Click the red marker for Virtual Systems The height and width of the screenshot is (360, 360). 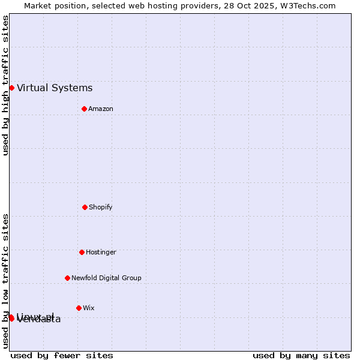click(11, 88)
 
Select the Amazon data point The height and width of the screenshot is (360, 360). click(84, 109)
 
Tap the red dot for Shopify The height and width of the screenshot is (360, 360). click(85, 207)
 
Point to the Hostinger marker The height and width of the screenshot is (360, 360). click(82, 252)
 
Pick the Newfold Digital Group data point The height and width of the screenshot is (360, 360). click(67, 278)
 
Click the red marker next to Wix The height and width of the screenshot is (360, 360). click(79, 308)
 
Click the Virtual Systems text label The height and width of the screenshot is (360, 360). click(55, 88)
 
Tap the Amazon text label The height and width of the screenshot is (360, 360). click(101, 109)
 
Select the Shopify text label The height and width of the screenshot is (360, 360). click(101, 207)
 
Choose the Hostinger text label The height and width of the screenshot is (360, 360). click(101, 252)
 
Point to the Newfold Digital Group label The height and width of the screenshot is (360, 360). click(106, 278)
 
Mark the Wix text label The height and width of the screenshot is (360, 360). click(89, 308)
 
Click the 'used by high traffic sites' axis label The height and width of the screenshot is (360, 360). click(5, 85)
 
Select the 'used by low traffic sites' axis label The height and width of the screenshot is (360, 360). click(5, 281)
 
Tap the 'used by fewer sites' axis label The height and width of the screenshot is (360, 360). click(62, 355)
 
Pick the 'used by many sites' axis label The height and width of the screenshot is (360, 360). click(301, 355)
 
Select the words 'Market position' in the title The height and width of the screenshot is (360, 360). click(53, 5)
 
